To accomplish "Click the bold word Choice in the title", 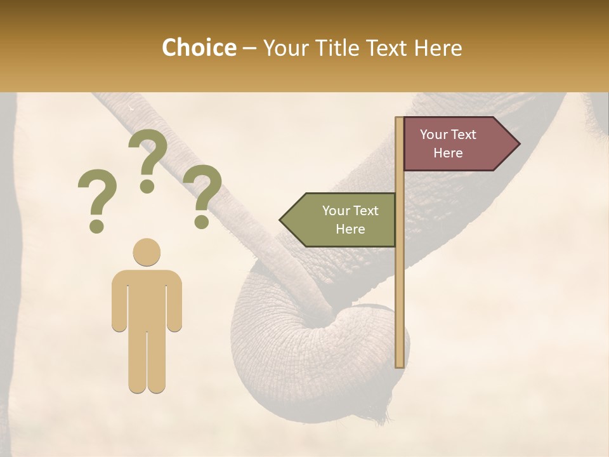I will [x=199, y=48].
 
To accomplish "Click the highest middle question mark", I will [x=147, y=161].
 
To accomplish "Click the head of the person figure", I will [x=147, y=252].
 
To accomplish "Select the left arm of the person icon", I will [x=119, y=301].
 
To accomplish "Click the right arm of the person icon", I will [x=174, y=301].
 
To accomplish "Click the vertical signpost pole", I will [x=400, y=286].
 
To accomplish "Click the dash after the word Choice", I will [x=249, y=49].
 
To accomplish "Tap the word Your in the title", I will [x=285, y=48].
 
